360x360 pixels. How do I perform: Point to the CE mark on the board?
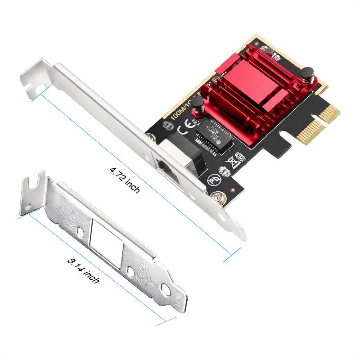(184, 131)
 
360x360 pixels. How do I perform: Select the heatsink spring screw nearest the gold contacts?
(307, 72)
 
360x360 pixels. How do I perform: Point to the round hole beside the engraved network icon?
(130, 272)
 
